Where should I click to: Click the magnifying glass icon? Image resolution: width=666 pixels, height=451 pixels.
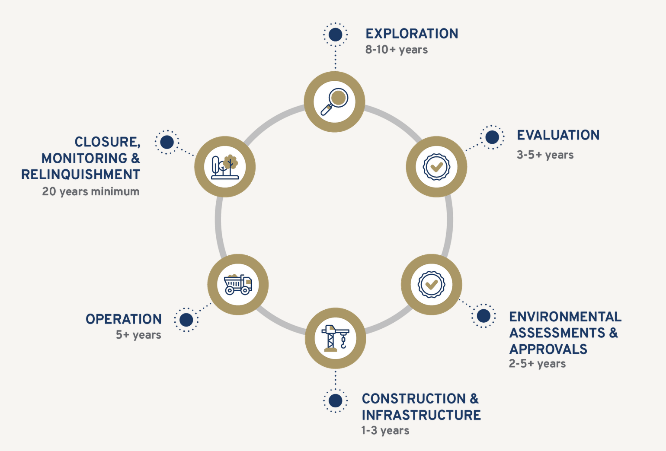click(334, 102)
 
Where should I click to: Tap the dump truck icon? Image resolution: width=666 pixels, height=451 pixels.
click(238, 284)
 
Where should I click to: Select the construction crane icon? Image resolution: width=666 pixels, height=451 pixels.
click(336, 338)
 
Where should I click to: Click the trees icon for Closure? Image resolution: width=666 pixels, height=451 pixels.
click(225, 167)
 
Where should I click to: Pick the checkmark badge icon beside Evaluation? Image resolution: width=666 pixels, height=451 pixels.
click(436, 167)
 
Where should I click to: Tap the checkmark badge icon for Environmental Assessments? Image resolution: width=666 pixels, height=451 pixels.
click(432, 284)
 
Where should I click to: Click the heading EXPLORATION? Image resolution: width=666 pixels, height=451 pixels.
click(412, 34)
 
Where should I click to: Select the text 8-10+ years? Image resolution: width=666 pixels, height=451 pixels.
click(396, 50)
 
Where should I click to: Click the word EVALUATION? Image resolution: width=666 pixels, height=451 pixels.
click(558, 135)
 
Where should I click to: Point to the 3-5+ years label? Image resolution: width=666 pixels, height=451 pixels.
click(545, 155)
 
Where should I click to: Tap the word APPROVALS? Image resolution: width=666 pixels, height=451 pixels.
click(548, 349)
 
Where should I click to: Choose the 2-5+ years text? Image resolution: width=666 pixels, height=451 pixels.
click(537, 363)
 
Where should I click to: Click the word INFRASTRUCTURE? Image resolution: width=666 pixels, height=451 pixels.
click(421, 415)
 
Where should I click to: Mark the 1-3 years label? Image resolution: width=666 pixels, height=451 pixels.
click(385, 430)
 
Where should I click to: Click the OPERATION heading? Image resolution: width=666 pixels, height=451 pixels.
click(124, 319)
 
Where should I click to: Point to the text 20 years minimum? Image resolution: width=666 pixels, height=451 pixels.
click(91, 191)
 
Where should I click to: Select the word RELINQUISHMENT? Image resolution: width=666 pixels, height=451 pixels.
click(80, 175)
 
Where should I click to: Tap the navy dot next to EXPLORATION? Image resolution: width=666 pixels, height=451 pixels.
click(336, 35)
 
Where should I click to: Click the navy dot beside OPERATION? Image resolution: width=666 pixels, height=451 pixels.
click(186, 320)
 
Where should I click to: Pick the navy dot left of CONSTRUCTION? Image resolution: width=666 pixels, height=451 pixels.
click(336, 401)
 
